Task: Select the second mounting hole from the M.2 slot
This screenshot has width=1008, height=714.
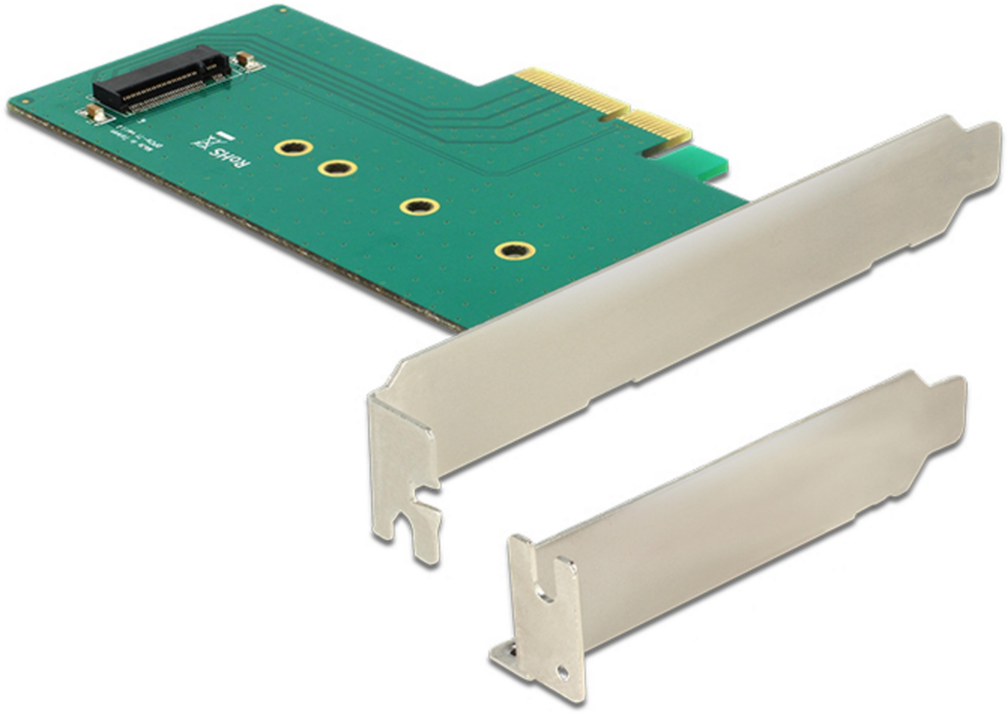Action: [337, 168]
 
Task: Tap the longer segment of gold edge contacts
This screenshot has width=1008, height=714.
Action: [572, 92]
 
